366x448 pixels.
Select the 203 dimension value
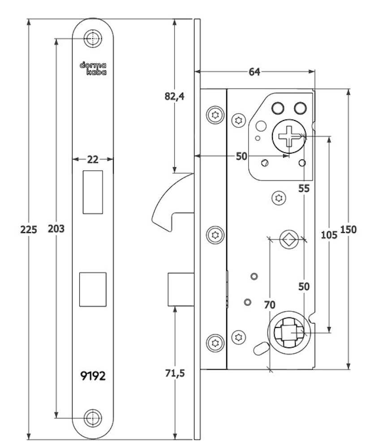(x=56, y=229)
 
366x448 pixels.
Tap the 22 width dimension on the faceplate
(x=93, y=159)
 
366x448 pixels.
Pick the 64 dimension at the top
(x=254, y=72)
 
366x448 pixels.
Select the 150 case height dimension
(x=349, y=229)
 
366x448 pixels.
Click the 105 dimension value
(x=329, y=234)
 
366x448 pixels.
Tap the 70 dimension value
(x=269, y=305)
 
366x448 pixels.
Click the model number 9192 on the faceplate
(x=93, y=376)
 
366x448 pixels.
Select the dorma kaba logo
(x=93, y=68)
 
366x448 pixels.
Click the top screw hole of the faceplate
(x=93, y=39)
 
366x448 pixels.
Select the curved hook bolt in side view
(x=170, y=202)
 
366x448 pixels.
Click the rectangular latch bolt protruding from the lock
(x=181, y=289)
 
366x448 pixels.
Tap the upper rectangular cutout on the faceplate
(x=93, y=191)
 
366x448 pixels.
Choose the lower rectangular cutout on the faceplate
(x=93, y=289)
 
